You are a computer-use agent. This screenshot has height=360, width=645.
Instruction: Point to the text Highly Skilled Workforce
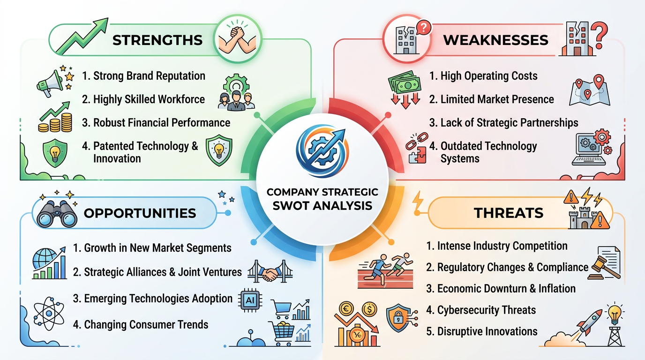tap(149, 99)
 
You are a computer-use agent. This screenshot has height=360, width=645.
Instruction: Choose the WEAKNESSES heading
tap(495, 40)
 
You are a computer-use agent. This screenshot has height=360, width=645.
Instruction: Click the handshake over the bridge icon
tap(270, 272)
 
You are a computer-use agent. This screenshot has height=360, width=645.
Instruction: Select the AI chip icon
tap(250, 299)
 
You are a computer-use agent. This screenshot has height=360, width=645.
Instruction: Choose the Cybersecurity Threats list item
tap(487, 310)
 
